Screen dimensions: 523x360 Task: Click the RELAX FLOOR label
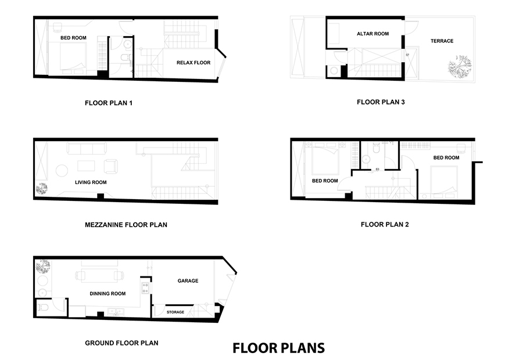click(194, 63)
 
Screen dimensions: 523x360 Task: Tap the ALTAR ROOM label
click(372, 34)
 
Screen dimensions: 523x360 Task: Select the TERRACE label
click(442, 41)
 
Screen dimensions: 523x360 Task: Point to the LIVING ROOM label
click(91, 182)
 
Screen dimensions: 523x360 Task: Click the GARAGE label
click(188, 280)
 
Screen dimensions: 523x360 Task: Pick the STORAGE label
click(175, 312)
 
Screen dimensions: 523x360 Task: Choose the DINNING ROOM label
click(108, 294)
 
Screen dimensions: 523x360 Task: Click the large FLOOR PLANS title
click(278, 348)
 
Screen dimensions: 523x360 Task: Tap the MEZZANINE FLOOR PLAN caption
click(126, 225)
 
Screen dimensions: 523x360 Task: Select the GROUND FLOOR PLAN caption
click(122, 343)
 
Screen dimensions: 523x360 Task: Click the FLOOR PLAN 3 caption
click(381, 102)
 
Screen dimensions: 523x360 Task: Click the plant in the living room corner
click(42, 189)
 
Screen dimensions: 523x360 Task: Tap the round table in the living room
click(62, 170)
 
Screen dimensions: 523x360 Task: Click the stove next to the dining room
click(145, 288)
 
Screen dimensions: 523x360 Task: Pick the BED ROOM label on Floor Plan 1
click(73, 38)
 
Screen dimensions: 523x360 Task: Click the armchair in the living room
click(111, 166)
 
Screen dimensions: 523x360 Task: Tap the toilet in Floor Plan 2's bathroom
click(376, 148)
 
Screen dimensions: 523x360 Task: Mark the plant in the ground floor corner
click(43, 267)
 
